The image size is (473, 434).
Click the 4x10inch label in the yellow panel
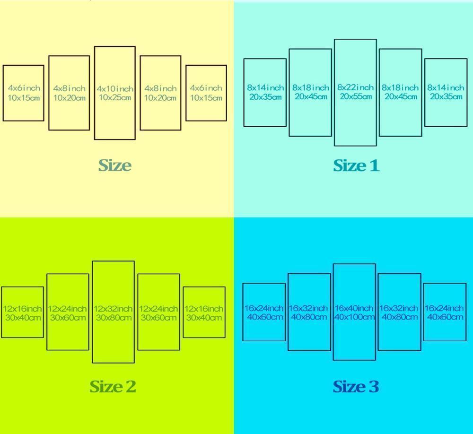pyautogui.click(x=115, y=89)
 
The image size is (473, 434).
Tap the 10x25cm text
pyautogui.click(x=115, y=97)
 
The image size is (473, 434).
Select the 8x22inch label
pyautogui.click(x=355, y=87)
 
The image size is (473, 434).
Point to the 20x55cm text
pyautogui.click(x=356, y=96)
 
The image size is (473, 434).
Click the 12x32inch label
pyautogui.click(x=113, y=309)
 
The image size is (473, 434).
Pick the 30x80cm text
pyautogui.click(x=114, y=318)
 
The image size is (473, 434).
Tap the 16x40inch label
pyautogui.click(x=354, y=308)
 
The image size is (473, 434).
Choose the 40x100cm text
pyautogui.click(x=354, y=317)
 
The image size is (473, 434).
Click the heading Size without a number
pyautogui.click(x=115, y=165)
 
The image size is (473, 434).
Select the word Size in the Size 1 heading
pyautogui.click(x=350, y=165)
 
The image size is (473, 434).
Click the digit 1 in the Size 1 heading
pyautogui.click(x=374, y=165)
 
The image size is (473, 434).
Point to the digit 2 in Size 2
pyautogui.click(x=131, y=387)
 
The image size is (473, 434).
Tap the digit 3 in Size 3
pyautogui.click(x=374, y=387)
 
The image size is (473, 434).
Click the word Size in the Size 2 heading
pyautogui.click(x=106, y=387)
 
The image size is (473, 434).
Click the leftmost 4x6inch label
pyautogui.click(x=24, y=88)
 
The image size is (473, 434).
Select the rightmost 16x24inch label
pyautogui.click(x=444, y=308)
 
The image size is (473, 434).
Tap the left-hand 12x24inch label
pyautogui.click(x=67, y=309)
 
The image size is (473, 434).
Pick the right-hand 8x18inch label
pyautogui.click(x=400, y=87)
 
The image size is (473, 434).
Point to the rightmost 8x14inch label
pyautogui.click(x=446, y=87)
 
